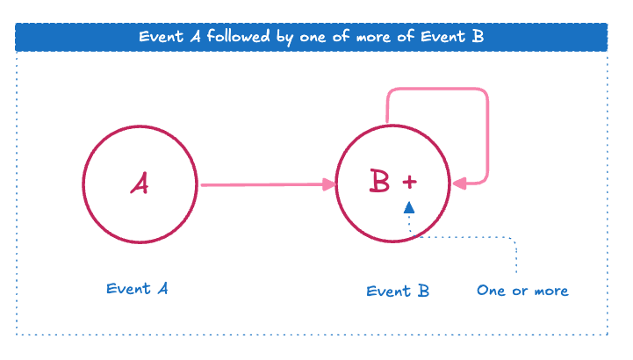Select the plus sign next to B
pyautogui.click(x=409, y=182)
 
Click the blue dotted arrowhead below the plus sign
pyautogui.click(x=408, y=207)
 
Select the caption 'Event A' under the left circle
pyautogui.click(x=137, y=289)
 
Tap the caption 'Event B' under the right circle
pyautogui.click(x=398, y=291)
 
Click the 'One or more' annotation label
pyautogui.click(x=522, y=291)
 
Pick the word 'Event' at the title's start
pyautogui.click(x=159, y=37)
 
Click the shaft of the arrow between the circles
pyautogui.click(x=263, y=184)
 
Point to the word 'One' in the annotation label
pyautogui.click(x=491, y=291)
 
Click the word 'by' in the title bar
pyautogui.click(x=287, y=38)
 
